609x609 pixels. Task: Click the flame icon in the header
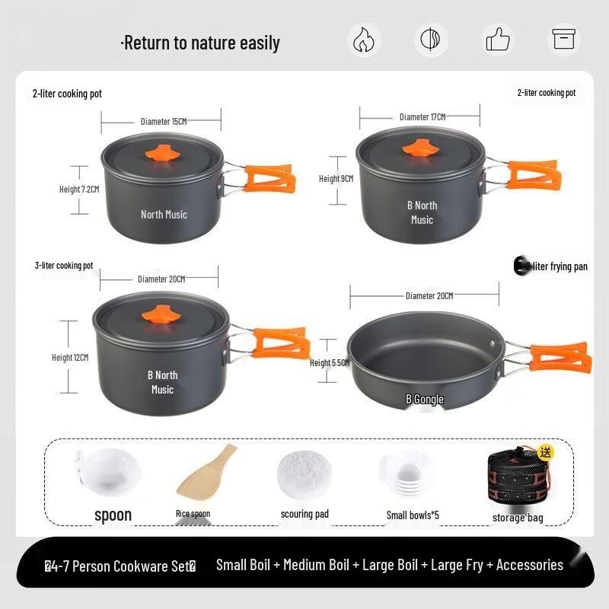(x=365, y=40)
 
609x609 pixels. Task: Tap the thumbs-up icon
(x=498, y=40)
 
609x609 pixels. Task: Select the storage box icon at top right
(x=564, y=40)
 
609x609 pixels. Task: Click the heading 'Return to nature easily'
(x=201, y=43)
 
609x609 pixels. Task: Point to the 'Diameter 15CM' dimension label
(x=163, y=121)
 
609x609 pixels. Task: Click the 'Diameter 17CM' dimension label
(x=422, y=116)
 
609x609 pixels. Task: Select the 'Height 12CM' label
(x=70, y=357)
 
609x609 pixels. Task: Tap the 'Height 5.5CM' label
(x=329, y=363)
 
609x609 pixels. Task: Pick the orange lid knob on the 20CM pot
(x=160, y=314)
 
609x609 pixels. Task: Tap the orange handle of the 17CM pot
(x=533, y=175)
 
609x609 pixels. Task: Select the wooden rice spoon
(x=206, y=472)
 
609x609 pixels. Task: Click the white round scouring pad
(x=304, y=474)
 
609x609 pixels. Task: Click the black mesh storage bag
(x=518, y=480)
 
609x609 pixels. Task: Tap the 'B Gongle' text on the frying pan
(x=424, y=399)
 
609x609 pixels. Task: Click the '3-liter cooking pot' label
(x=63, y=266)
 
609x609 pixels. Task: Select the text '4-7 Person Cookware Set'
(x=120, y=566)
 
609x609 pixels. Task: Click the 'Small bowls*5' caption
(x=413, y=515)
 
